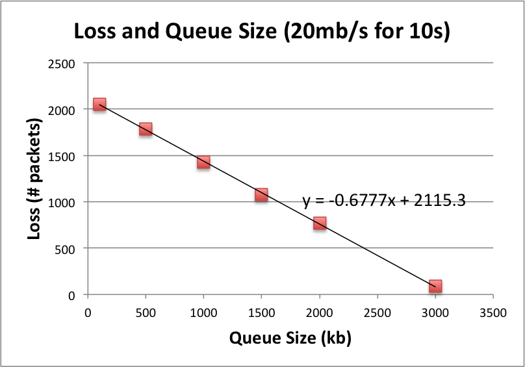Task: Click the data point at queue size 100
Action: coord(99,105)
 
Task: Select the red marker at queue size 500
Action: coord(146,129)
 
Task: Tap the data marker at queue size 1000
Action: coord(203,162)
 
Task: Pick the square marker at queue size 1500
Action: coord(261,195)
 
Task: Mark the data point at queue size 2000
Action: coord(319,223)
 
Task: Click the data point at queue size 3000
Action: coord(435,286)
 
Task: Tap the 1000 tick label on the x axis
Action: coord(203,312)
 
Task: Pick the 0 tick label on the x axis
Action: coord(88,312)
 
